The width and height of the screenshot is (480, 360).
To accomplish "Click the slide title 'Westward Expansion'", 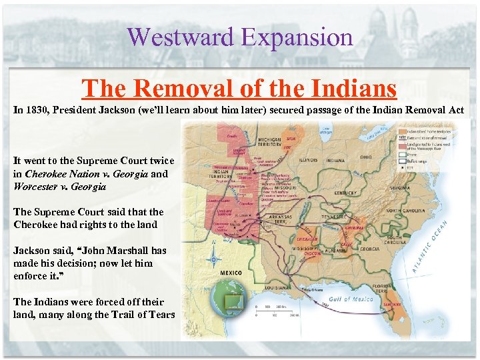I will [239, 37].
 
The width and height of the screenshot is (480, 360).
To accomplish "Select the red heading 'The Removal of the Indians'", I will [239, 87].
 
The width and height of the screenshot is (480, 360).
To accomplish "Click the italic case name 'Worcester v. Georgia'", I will [59, 187].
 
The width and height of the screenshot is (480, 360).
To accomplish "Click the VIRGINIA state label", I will [400, 188].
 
